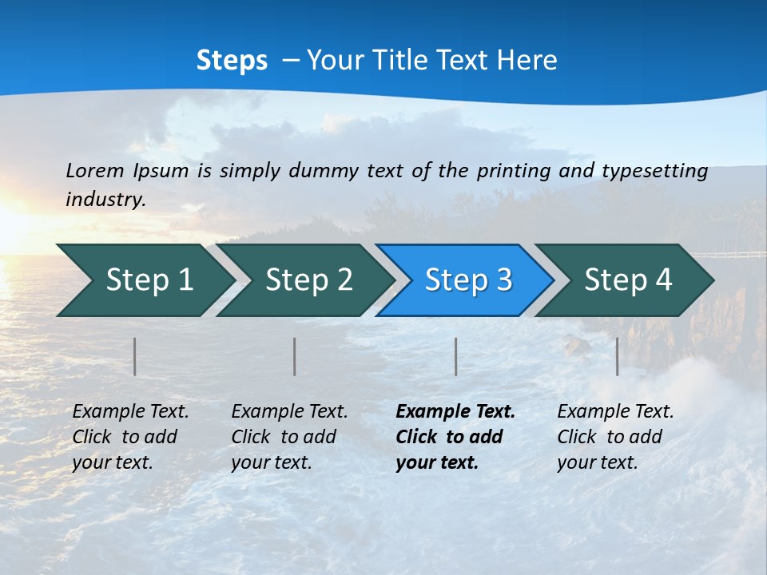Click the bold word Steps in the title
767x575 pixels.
(x=232, y=61)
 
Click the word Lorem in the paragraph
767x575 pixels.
(x=95, y=170)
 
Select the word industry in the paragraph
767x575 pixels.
(x=105, y=200)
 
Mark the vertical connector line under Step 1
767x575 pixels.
(x=135, y=356)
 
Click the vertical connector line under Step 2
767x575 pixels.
(x=295, y=356)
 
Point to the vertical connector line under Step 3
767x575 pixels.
(x=455, y=356)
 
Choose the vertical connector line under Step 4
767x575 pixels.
(x=617, y=356)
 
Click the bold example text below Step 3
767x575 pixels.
(x=455, y=437)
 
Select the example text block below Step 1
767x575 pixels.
(x=130, y=437)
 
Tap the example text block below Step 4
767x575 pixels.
(x=614, y=437)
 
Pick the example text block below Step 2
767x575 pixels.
(x=289, y=437)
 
